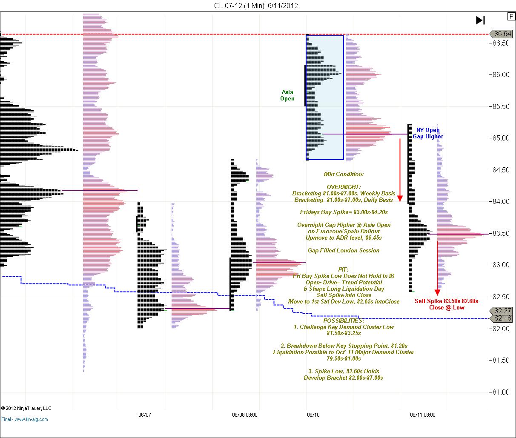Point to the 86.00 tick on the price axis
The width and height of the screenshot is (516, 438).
pyautogui.click(x=501, y=75)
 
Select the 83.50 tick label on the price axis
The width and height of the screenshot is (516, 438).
pyautogui.click(x=501, y=234)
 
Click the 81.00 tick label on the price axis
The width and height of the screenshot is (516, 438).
pyautogui.click(x=501, y=392)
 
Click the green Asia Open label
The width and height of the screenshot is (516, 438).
pyautogui.click(x=287, y=95)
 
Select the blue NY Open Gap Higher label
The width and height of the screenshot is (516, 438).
pyautogui.click(x=428, y=133)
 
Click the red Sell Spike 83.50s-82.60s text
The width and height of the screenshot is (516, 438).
pyautogui.click(x=447, y=301)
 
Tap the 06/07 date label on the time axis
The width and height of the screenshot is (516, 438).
pyautogui.click(x=145, y=414)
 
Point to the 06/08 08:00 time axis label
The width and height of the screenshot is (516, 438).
pyautogui.click(x=244, y=414)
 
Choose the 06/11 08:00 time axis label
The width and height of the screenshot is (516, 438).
pyautogui.click(x=422, y=414)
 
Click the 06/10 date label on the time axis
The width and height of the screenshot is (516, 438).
pyautogui.click(x=313, y=414)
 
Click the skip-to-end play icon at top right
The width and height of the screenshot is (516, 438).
pyautogui.click(x=480, y=20)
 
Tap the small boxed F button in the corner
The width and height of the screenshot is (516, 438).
pyautogui.click(x=510, y=16)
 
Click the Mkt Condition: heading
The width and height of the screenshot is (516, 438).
pyautogui.click(x=344, y=174)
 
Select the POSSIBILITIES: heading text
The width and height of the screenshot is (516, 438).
pyautogui.click(x=344, y=320)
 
